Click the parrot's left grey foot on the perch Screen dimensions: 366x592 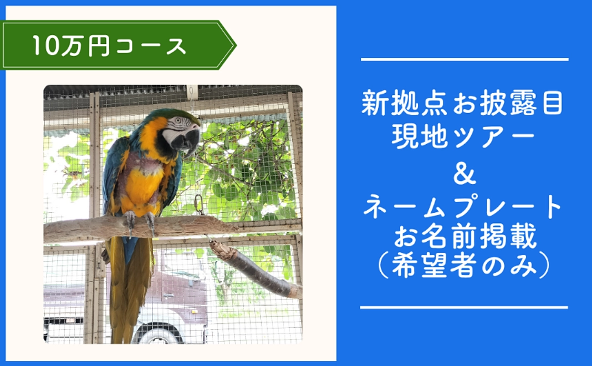(130, 220)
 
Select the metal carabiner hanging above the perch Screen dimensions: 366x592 (199, 204)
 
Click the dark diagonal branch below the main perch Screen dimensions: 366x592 (255, 270)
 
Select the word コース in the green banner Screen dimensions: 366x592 (151, 45)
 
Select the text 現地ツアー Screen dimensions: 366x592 (463, 136)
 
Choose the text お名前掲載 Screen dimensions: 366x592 (463, 239)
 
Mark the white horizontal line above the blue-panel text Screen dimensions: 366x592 (465, 59)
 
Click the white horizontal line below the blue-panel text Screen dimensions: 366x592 (465, 307)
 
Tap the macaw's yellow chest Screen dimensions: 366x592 (142, 183)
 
